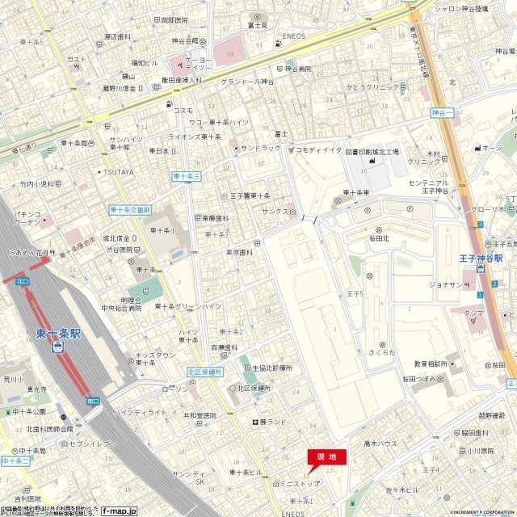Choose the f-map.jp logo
pyautogui.click(x=119, y=511)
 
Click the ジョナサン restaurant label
pyautogui.click(x=445, y=284)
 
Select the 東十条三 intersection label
pyautogui.click(x=186, y=175)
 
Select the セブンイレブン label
pyautogui.click(x=94, y=444)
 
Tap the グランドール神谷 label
pyautogui.click(x=247, y=82)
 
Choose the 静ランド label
pyautogui.click(x=272, y=422)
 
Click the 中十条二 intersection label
pyautogui.click(x=15, y=460)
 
